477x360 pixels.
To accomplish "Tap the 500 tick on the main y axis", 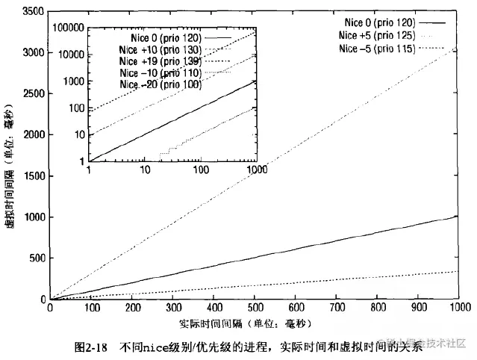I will tap(35, 258).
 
